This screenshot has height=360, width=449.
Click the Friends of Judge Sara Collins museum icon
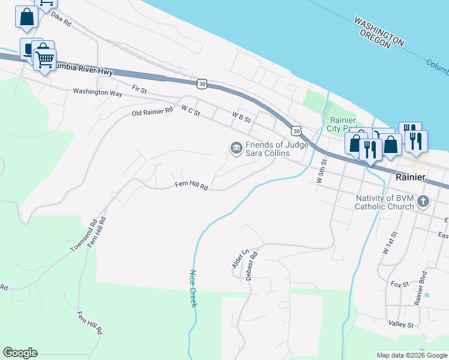[x=235, y=147]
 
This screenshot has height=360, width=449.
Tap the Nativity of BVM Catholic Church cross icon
[x=424, y=202]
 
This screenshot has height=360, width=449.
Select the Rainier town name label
[x=411, y=178]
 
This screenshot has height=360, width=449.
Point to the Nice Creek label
[x=193, y=288]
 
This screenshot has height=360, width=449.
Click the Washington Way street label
[x=97, y=93]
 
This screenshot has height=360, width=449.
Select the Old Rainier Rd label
[x=152, y=111]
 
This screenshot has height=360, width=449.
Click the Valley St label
[x=401, y=325]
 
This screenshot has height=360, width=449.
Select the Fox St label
[x=399, y=284]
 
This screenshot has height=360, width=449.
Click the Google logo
[x=20, y=353]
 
